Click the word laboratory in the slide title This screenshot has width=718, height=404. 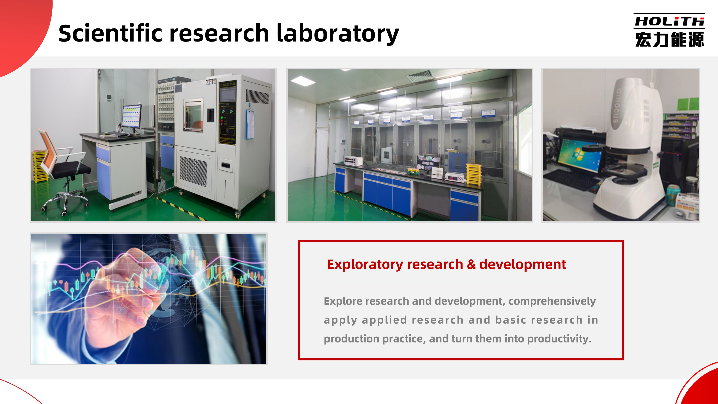click(x=338, y=34)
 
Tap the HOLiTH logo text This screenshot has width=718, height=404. click(x=669, y=21)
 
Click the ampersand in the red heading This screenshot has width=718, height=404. click(x=471, y=264)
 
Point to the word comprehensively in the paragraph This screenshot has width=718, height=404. click(x=552, y=301)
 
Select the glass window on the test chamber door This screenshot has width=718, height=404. click(x=194, y=115)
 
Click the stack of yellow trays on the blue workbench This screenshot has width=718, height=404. click(x=474, y=174)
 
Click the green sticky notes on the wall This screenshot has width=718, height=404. click(x=688, y=104)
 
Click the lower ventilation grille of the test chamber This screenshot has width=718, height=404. click(x=194, y=171)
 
